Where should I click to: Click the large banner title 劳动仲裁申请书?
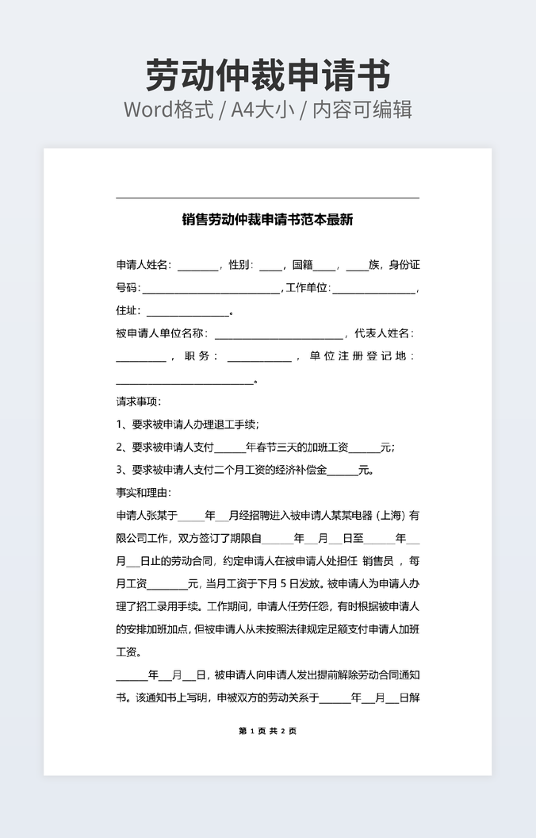[x=268, y=76]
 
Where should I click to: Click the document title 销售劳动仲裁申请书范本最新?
[x=267, y=220]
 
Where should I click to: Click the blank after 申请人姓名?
[x=197, y=265]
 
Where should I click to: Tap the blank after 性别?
[x=270, y=265]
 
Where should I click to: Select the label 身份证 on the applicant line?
[x=404, y=265]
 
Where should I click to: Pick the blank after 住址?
[x=187, y=311]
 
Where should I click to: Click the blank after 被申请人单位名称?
[x=279, y=334]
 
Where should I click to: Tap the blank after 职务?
[x=258, y=357]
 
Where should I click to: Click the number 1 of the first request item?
[x=120, y=425]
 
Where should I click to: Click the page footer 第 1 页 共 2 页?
[x=267, y=731]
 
